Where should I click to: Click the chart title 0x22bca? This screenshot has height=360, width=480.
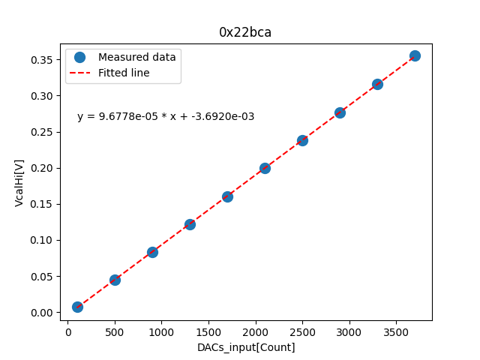coord(245,32)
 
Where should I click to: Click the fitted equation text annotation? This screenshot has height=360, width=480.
coord(166,116)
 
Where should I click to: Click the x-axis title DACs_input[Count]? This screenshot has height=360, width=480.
coord(246,347)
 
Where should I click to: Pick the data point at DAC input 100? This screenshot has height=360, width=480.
coord(77,307)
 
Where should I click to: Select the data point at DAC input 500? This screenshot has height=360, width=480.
coord(115,280)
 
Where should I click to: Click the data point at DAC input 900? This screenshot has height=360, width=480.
coord(152,252)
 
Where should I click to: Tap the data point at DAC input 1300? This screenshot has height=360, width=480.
coord(190,224)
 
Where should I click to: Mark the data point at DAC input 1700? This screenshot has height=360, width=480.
coord(227,196)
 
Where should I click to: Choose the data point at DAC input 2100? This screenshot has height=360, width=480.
coord(265,168)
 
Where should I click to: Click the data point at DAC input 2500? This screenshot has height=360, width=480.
coord(302,140)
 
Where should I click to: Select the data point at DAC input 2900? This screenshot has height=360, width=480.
coord(340,112)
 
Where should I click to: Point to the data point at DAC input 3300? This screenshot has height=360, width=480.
coord(377,84)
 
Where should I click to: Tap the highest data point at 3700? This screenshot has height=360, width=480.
coord(415,55)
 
